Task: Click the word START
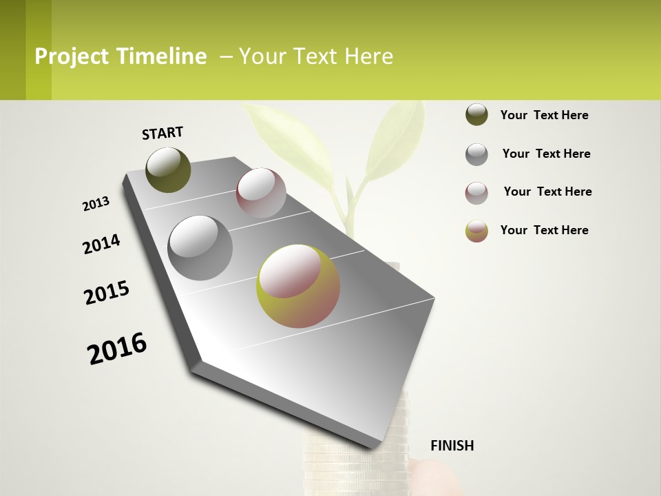(x=162, y=133)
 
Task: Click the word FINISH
(x=452, y=446)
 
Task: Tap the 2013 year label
(x=96, y=204)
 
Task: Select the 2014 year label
(x=101, y=244)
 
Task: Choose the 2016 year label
(x=117, y=348)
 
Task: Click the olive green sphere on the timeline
(x=168, y=169)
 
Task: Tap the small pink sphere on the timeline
(x=261, y=193)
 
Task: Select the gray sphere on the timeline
(x=200, y=248)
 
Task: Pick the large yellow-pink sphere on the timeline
(x=298, y=286)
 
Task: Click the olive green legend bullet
(x=476, y=115)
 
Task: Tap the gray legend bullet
(x=476, y=154)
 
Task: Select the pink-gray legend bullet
(x=476, y=193)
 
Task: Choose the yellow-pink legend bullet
(x=476, y=231)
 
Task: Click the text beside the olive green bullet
(x=544, y=115)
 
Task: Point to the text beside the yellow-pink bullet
(x=544, y=230)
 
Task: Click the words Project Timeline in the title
(x=120, y=56)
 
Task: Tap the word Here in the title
(x=368, y=56)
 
